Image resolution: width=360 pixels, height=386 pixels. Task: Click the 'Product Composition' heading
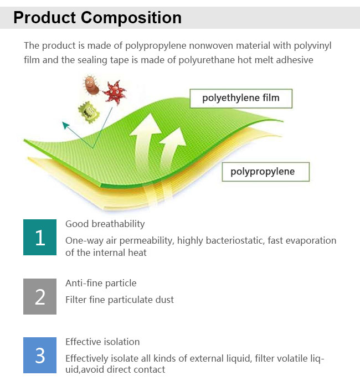pos(97,18)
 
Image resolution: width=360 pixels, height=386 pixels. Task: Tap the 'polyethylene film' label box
pos(241,99)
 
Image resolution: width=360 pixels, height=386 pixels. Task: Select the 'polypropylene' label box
pos(266,172)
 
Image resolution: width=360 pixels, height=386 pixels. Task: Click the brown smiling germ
pos(91,85)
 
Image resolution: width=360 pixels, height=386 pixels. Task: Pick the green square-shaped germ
pos(89,112)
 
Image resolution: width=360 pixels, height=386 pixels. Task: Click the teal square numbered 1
pos(40,238)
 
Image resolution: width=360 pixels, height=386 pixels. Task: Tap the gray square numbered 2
pos(40,296)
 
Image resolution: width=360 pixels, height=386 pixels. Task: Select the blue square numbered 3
pos(40,355)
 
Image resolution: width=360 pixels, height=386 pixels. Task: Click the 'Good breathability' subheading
pos(105,224)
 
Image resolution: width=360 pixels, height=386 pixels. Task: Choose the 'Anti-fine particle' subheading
pos(101,283)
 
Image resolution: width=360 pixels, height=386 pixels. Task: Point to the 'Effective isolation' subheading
pos(102,342)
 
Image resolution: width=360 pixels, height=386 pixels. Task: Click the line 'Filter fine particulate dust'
pos(120,300)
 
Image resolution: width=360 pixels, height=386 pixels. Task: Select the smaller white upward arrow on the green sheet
pos(172,148)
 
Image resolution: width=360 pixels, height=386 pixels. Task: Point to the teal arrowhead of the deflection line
pos(65,125)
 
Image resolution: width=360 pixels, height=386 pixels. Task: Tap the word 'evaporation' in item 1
pos(311,240)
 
